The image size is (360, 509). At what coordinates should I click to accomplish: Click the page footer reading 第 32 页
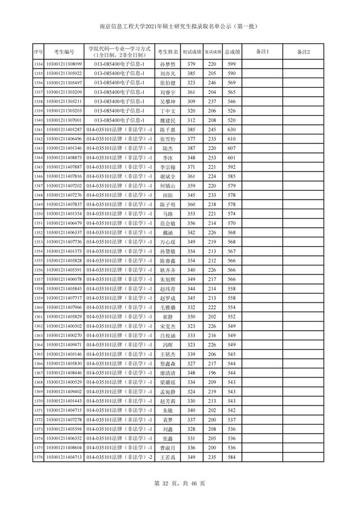pos(179,482)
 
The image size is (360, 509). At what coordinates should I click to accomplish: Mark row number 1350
pos(38,214)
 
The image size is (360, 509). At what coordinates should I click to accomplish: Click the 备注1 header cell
pos(262,52)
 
